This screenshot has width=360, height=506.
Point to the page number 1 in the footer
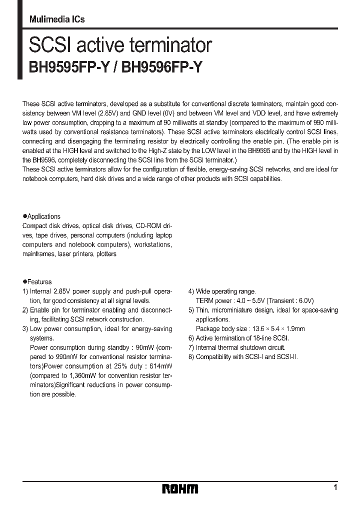coord(335,487)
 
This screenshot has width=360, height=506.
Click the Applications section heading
coord(43,216)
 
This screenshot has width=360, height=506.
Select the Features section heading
coord(39,282)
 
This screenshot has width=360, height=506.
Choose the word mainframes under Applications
coord(38,254)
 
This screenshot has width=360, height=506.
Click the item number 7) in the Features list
coord(191,347)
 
